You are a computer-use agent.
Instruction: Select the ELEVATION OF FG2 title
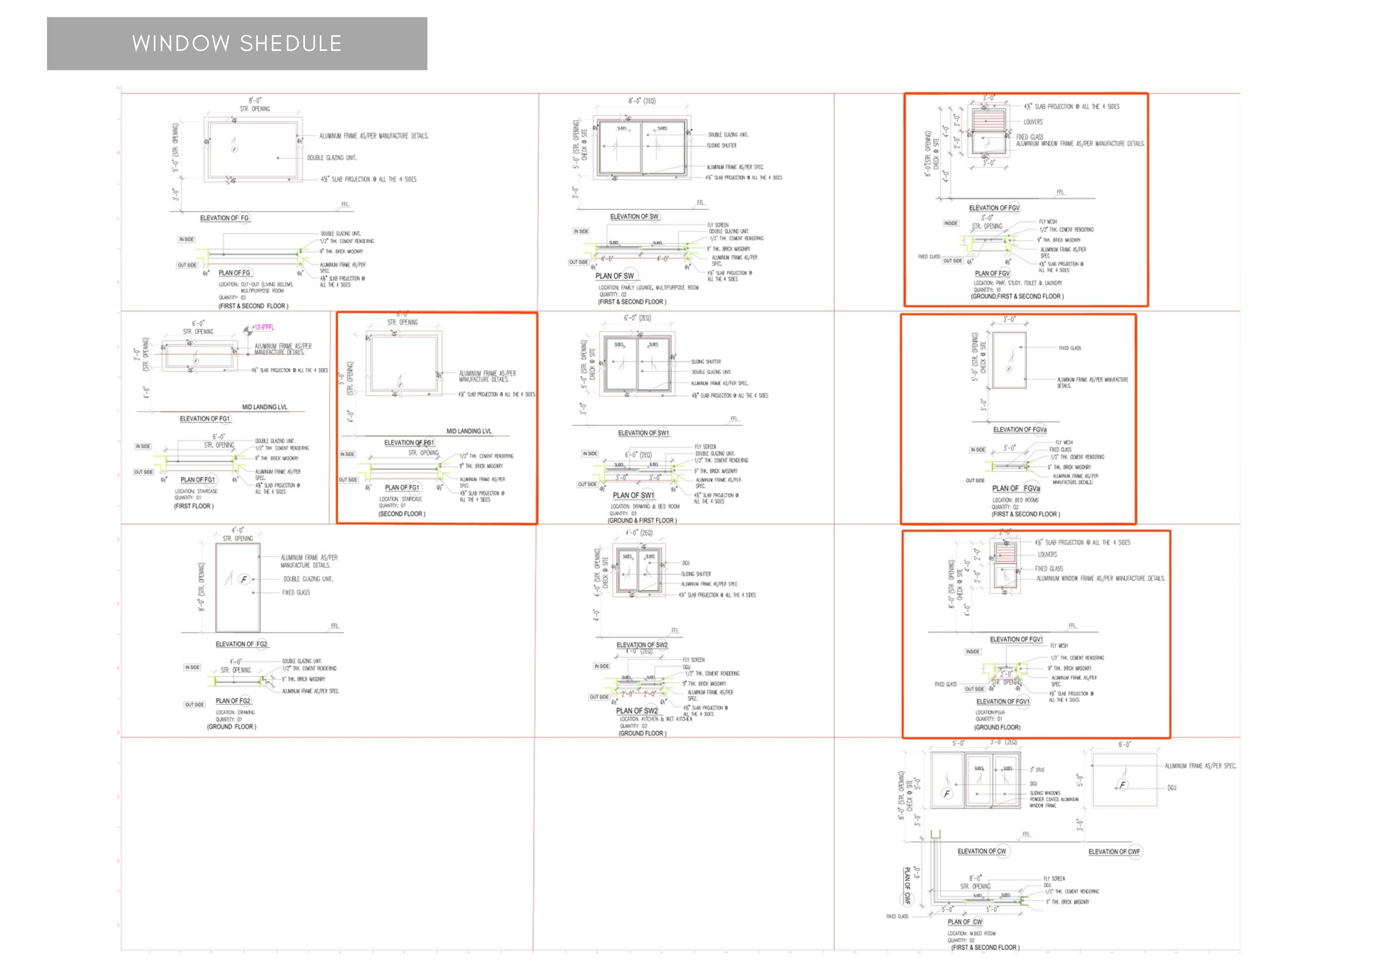241,644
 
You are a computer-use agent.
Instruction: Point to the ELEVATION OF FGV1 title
1016,639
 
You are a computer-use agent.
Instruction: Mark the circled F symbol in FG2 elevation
244,579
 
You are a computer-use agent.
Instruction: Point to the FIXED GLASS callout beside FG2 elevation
296,593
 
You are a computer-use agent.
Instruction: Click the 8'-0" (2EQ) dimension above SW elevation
642,101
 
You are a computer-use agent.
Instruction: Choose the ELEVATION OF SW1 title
643,433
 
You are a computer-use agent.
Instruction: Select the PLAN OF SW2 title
637,711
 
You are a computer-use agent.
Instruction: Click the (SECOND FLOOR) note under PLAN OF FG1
402,514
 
